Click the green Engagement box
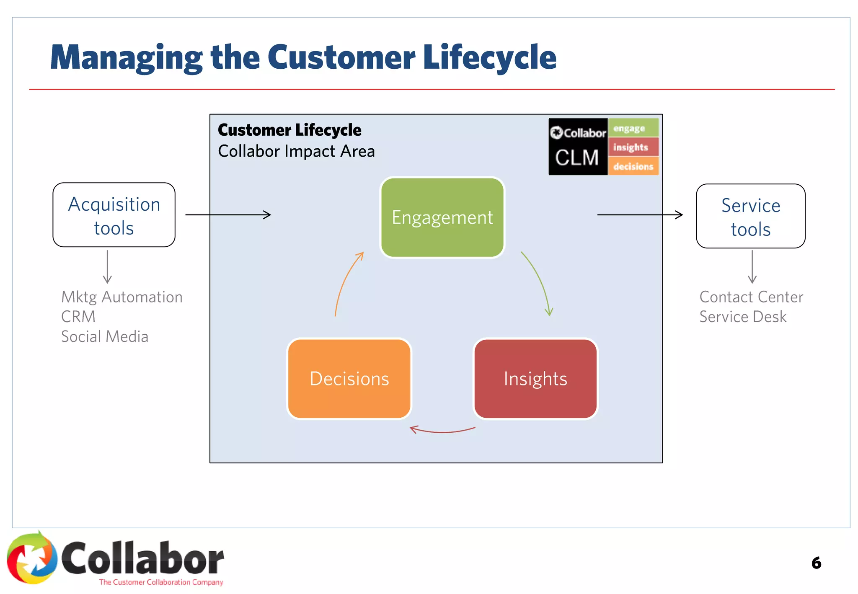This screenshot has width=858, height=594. point(442,217)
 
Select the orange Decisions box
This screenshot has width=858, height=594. point(349,379)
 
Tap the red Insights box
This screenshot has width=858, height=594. point(535,379)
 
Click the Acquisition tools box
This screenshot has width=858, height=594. point(114,215)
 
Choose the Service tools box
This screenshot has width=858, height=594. point(750,217)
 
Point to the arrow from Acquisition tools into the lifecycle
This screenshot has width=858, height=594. point(228,215)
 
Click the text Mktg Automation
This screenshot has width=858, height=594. point(121,297)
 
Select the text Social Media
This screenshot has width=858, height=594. point(105,337)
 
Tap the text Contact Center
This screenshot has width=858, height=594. point(751,297)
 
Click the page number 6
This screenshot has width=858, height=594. point(816,563)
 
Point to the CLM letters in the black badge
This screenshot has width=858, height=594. point(576,158)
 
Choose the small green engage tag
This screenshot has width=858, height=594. point(633,128)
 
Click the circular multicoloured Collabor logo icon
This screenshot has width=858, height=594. point(32,558)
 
